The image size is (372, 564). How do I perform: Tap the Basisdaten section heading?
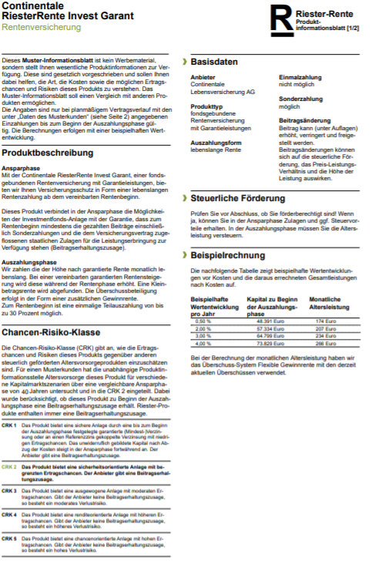click(214, 62)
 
